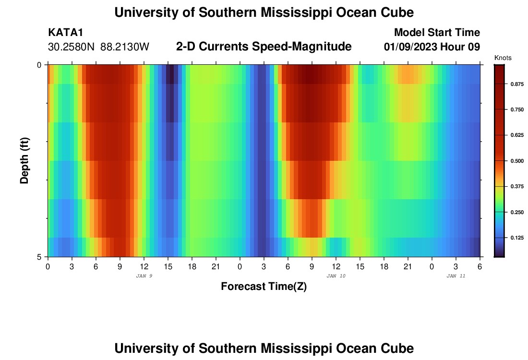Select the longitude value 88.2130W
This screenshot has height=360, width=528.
click(x=125, y=47)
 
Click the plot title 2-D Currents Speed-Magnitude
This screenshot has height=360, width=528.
click(x=264, y=47)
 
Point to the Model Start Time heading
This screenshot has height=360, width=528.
click(x=437, y=33)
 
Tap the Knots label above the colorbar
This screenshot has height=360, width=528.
click(x=503, y=58)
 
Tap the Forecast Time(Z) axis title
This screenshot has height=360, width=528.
click(x=264, y=287)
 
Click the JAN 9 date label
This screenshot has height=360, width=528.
click(x=144, y=276)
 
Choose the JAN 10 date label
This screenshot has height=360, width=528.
click(x=336, y=276)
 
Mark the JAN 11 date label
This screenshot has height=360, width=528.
click(x=456, y=276)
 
